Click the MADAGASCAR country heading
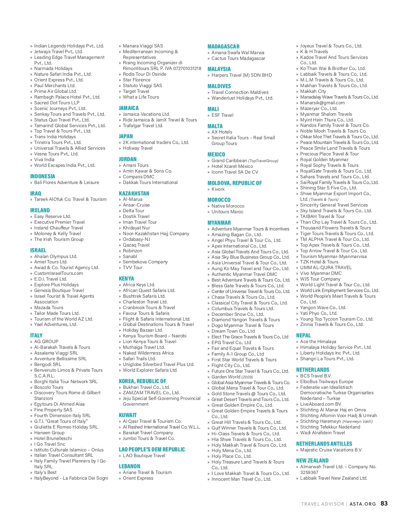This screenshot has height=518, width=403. (223, 46)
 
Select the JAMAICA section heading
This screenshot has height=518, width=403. (129, 108)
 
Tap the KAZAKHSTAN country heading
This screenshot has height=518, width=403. (134, 193)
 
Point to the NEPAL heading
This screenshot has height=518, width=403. (303, 335)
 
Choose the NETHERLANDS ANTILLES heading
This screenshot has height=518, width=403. (324, 444)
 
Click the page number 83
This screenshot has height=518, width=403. (384, 504)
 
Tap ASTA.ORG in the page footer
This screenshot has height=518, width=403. (363, 504)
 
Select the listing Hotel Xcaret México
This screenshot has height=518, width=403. (232, 166)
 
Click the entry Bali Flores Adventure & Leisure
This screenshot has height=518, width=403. (66, 182)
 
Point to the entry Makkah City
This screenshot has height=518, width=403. (313, 91)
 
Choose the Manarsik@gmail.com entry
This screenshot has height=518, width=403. (322, 103)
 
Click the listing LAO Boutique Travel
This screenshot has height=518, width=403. (144, 455)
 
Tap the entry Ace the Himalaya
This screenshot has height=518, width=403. (318, 341)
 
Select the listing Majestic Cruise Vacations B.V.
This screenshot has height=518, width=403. (331, 450)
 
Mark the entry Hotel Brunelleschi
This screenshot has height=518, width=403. (53, 438)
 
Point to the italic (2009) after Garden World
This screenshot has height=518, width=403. (247, 377)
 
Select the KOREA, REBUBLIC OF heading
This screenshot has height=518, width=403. (142, 381)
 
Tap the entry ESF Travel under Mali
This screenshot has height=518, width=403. (222, 115)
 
